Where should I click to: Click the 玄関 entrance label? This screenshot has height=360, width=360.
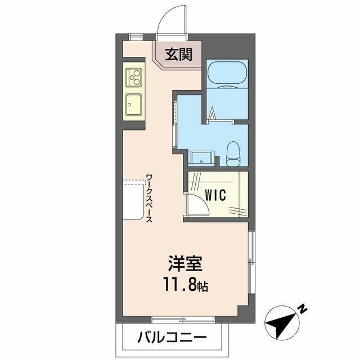click(x=178, y=55)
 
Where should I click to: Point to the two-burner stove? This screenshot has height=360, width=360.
click(x=134, y=78)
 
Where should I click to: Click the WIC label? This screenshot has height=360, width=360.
click(x=215, y=195)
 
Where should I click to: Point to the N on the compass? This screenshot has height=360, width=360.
click(x=302, y=308)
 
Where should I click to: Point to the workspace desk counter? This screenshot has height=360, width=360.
click(x=133, y=200)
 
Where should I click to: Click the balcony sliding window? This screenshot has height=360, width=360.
click(x=175, y=320)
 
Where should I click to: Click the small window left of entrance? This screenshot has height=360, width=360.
click(x=136, y=37)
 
